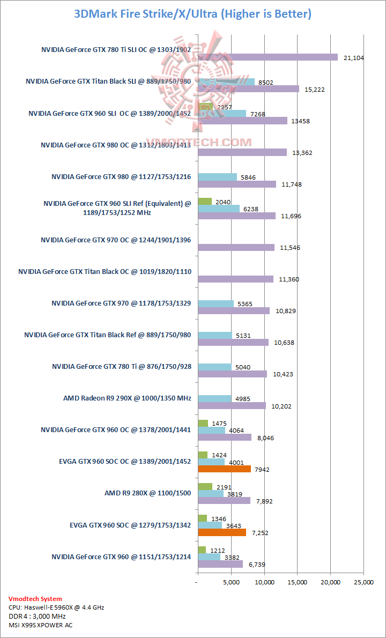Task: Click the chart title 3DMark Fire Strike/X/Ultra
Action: pyautogui.click(x=192, y=13)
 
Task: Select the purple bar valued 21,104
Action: pyautogui.click(x=268, y=57)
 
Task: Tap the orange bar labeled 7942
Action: pyautogui.click(x=224, y=469)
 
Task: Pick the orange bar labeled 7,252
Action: pyautogui.click(x=222, y=532)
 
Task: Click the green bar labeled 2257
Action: pyautogui.click(x=205, y=106)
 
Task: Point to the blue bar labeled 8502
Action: pyautogui.click(x=226, y=82)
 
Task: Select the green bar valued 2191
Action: pyautogui.click(x=205, y=486)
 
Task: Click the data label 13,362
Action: pyautogui.click(x=302, y=153)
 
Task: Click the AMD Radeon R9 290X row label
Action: pyautogui.click(x=127, y=398)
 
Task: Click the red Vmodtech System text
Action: pyautogui.click(x=35, y=599)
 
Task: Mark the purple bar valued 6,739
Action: pyautogui.click(x=220, y=564)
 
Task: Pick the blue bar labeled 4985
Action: pyautogui.click(x=214, y=398)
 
